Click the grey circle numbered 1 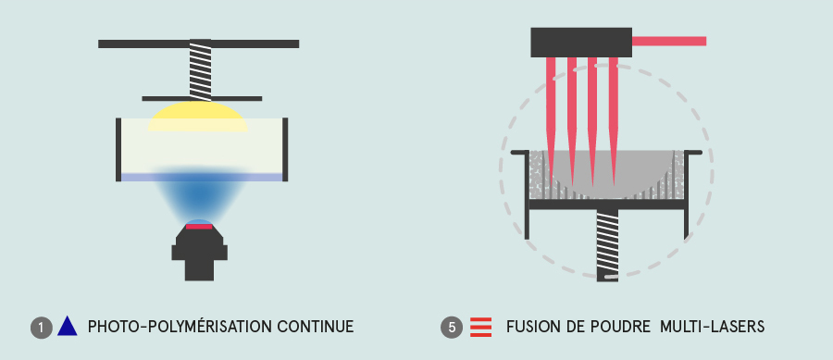coord(42,327)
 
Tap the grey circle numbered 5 coord(452,327)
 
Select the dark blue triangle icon coord(68,326)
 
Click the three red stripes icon coord(480,327)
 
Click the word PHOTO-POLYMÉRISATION coord(174,326)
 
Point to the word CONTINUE coord(308,327)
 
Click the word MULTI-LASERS coord(712,327)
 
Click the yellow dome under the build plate coord(198,117)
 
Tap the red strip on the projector coord(199,227)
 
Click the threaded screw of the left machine coord(200,69)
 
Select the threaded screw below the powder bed coord(607,245)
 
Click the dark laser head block coord(581,42)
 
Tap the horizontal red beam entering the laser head coord(669,41)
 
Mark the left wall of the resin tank coord(118,149)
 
